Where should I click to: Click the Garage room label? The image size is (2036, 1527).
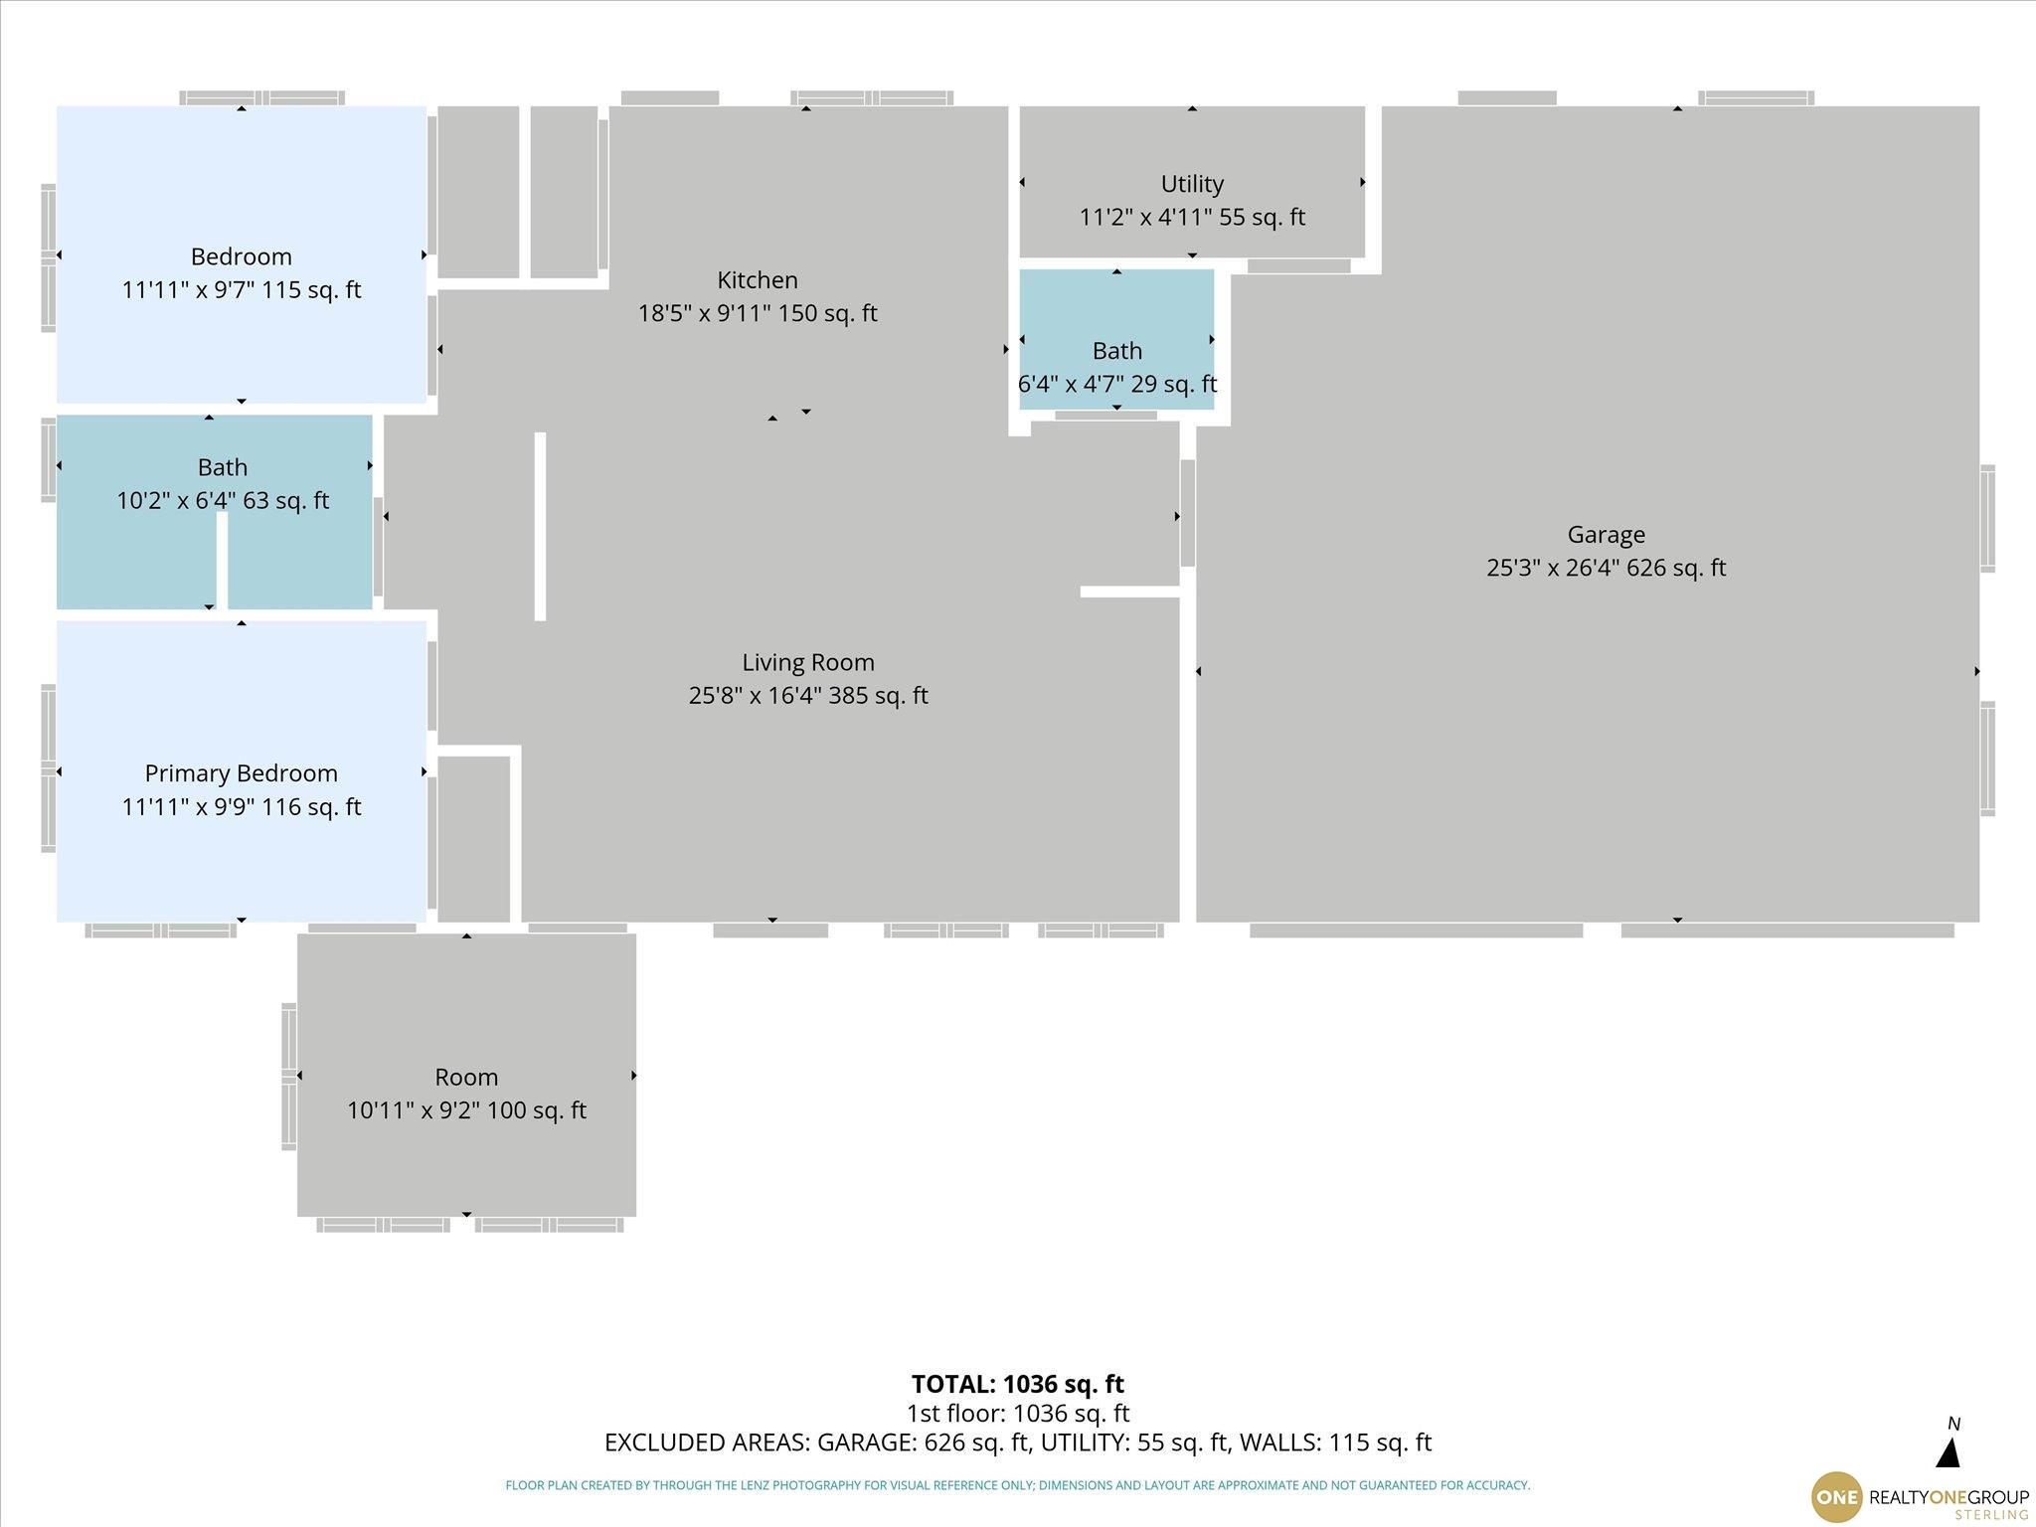click(x=1606, y=535)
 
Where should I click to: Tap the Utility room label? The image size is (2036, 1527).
click(x=1192, y=184)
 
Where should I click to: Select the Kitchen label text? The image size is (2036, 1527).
click(x=758, y=280)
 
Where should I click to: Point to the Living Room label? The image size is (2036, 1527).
click(x=808, y=662)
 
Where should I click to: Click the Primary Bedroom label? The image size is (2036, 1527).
click(x=242, y=773)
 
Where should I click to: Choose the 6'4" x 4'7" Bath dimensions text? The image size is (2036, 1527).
click(x=1116, y=384)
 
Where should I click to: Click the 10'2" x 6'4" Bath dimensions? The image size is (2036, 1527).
click(x=223, y=500)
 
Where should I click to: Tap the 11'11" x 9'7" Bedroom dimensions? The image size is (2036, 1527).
click(x=242, y=290)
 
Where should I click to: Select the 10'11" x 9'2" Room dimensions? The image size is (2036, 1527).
click(x=466, y=1110)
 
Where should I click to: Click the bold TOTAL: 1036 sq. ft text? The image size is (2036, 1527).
click(x=1017, y=1384)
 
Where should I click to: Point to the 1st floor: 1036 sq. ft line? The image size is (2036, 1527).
click(x=1017, y=1413)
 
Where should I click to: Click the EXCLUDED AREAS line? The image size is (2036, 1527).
click(x=1018, y=1442)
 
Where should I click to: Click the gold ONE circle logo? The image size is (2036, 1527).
click(x=1836, y=1497)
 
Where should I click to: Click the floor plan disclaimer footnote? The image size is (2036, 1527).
click(x=1017, y=1485)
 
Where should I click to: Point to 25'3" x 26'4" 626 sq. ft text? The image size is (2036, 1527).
click(x=1606, y=568)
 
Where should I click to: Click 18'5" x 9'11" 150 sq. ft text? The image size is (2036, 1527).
click(x=758, y=313)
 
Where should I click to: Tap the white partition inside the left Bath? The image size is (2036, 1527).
click(x=223, y=561)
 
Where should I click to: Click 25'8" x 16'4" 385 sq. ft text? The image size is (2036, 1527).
click(x=808, y=696)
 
